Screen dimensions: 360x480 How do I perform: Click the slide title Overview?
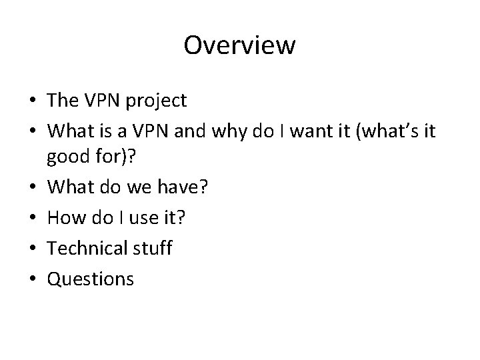coord(239,45)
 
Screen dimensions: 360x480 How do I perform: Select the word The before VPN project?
coord(63,101)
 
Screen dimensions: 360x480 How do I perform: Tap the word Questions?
coord(90,279)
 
